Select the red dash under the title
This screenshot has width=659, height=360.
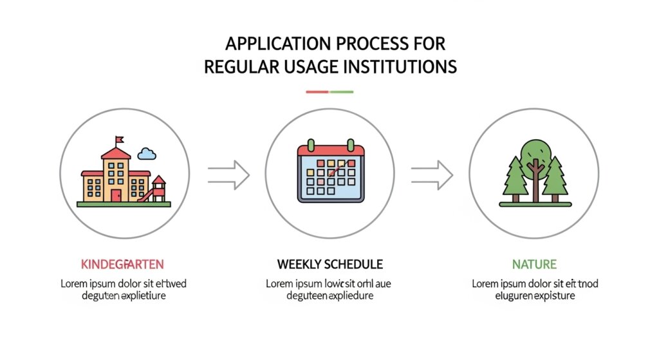click(x=317, y=92)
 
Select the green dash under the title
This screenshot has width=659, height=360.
click(x=342, y=92)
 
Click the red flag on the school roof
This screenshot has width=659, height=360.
click(x=119, y=139)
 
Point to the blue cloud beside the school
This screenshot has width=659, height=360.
click(x=147, y=153)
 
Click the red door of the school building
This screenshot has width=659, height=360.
click(x=116, y=194)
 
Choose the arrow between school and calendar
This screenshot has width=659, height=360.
click(x=228, y=174)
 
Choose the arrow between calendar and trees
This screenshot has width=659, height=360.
click(x=432, y=174)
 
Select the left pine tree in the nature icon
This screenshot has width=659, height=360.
click(x=515, y=177)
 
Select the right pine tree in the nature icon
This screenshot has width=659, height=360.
click(x=555, y=177)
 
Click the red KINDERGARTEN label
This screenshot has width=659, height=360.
click(x=122, y=264)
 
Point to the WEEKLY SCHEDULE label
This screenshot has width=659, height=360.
click(x=329, y=264)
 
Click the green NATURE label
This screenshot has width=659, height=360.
click(x=534, y=264)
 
